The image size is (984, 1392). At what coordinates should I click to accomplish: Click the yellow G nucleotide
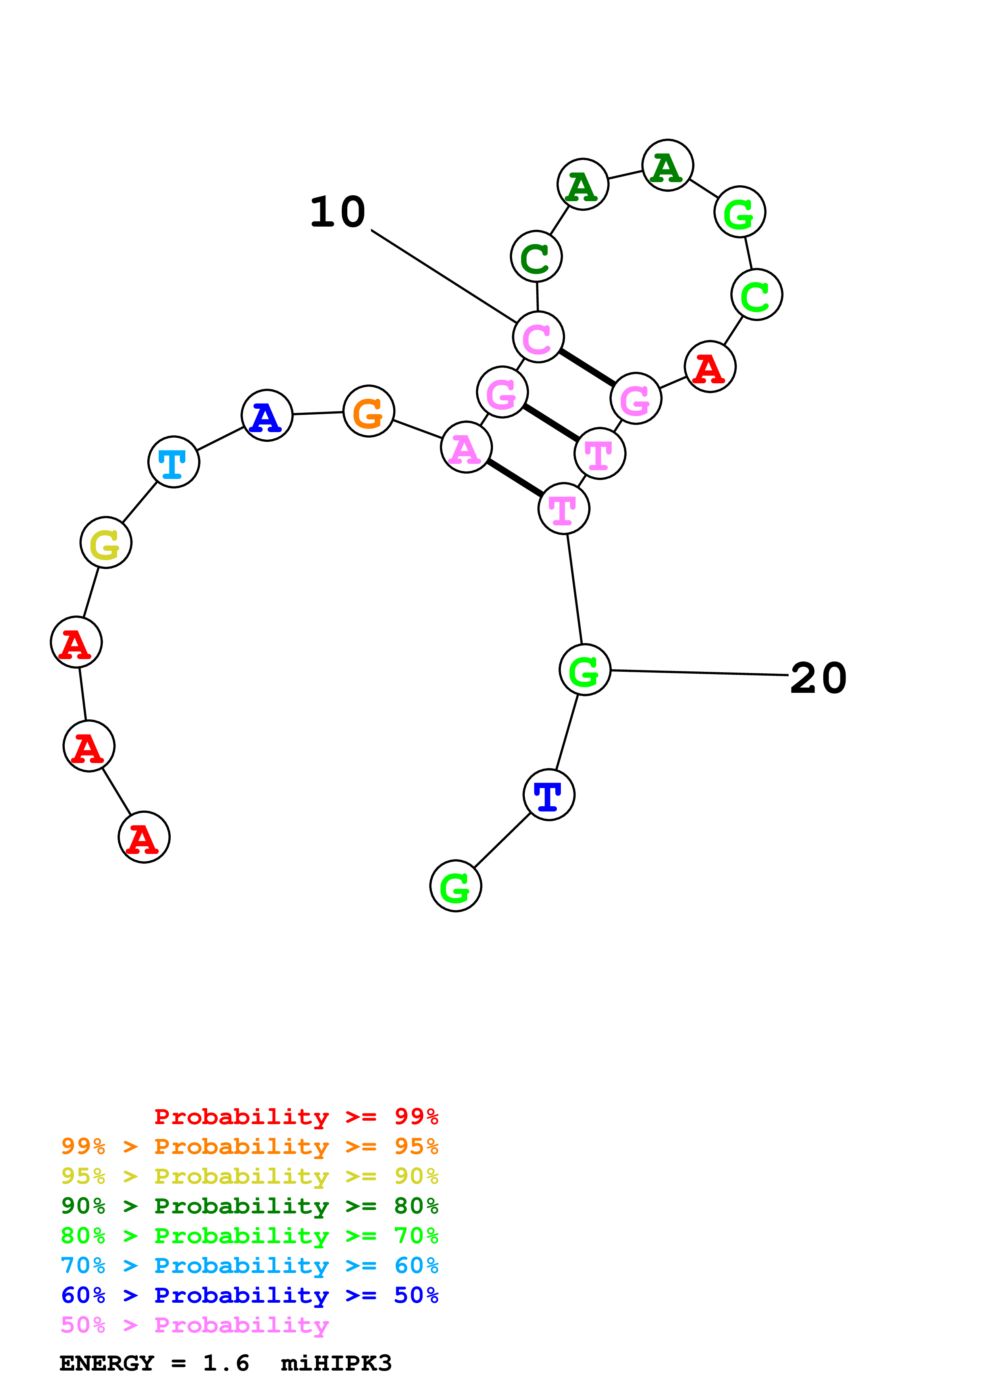pos(106,542)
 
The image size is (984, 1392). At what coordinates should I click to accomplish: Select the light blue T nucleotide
pos(173,461)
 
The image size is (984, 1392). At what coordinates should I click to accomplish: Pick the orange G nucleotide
pos(369,411)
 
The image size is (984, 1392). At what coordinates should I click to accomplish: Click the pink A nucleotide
pos(466,448)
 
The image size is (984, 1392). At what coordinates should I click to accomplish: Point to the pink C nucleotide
pos(538,337)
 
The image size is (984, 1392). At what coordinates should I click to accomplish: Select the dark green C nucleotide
pos(537,256)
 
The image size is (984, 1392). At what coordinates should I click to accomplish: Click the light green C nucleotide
pos(757,295)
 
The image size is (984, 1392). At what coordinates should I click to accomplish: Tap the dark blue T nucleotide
pos(549,794)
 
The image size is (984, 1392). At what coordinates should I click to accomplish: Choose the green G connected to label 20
pos(584,670)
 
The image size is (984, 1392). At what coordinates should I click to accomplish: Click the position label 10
pos(338,212)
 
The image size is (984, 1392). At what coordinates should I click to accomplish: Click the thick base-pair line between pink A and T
pos(515,478)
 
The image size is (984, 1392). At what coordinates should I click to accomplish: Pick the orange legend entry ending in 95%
pos(250,1146)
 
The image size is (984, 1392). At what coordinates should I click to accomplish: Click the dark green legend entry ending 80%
pos(250,1206)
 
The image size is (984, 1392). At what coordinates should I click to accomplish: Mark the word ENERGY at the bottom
pos(107,1363)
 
